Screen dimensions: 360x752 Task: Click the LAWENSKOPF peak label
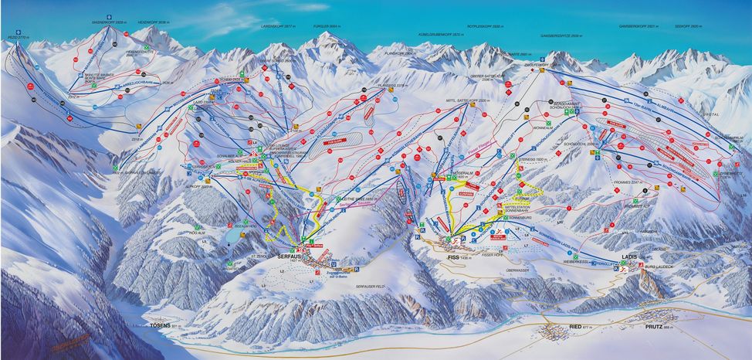276,25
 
